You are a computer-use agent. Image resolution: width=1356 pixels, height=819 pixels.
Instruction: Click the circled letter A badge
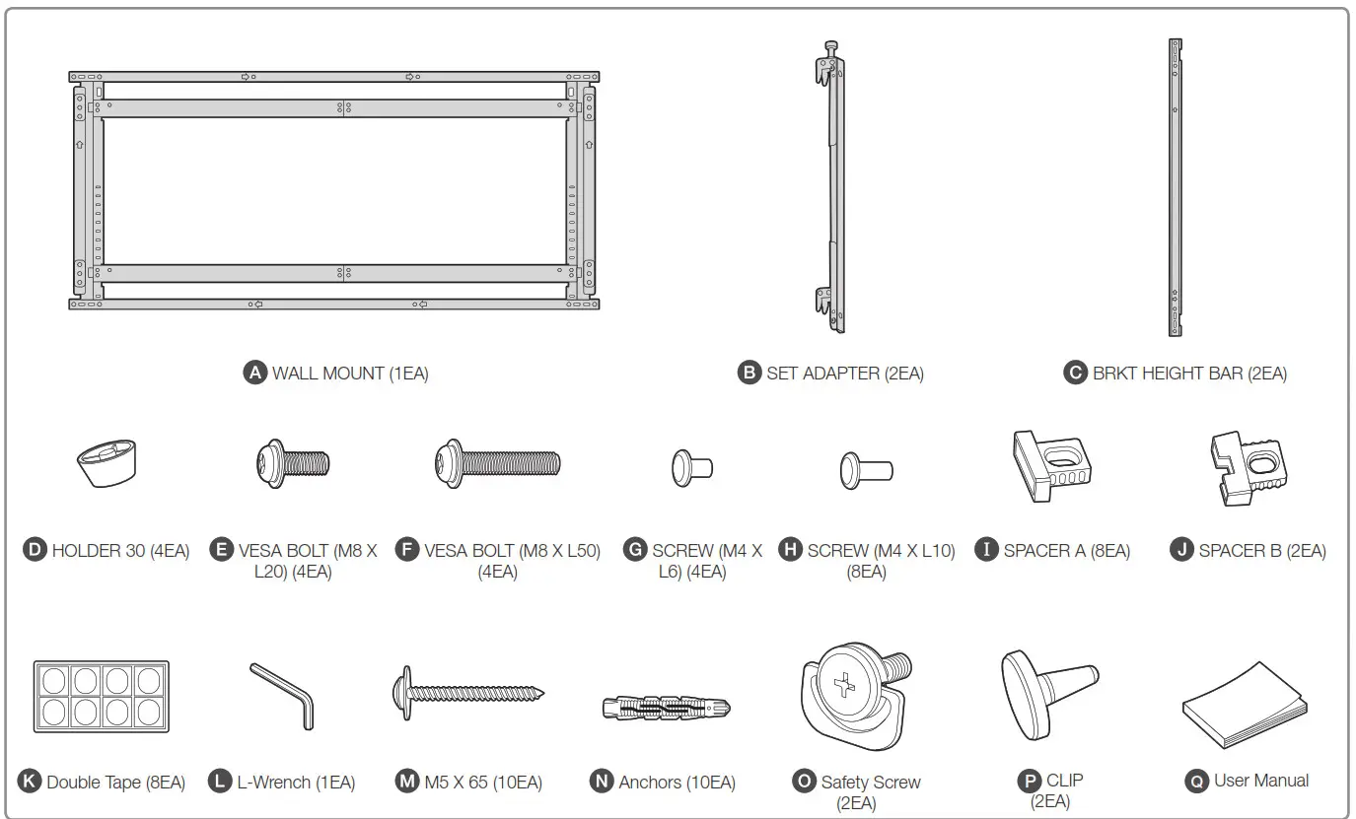click(255, 373)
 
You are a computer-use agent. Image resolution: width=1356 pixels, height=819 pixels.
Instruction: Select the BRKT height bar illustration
click(1175, 187)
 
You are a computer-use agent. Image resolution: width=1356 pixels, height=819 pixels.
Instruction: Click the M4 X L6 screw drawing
click(691, 466)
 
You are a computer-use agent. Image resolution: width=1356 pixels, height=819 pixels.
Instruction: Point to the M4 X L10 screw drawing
click(866, 469)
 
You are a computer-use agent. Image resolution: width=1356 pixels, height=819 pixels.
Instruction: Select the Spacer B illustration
click(1246, 462)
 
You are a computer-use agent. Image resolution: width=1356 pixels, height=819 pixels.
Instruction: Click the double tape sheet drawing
click(102, 697)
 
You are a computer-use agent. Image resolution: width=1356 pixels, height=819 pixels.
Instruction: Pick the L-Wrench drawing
click(284, 695)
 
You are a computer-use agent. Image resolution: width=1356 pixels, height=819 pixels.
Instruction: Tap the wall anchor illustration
click(667, 707)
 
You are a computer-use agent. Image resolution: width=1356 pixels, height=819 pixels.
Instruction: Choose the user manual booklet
click(1245, 704)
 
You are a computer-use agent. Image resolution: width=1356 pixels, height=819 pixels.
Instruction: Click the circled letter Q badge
click(1197, 781)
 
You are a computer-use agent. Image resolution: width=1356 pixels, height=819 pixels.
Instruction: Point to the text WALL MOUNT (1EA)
click(350, 374)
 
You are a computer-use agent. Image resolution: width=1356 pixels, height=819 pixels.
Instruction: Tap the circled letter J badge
click(1181, 550)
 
